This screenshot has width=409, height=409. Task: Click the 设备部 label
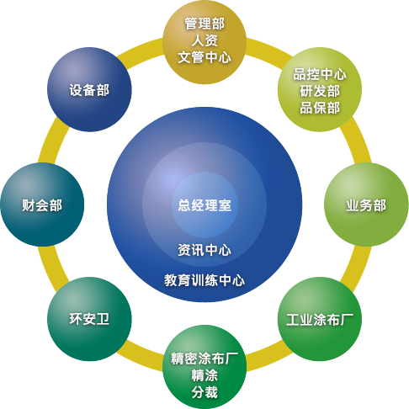pyautogui.click(x=89, y=90)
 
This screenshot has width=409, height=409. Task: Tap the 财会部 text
pyautogui.click(x=42, y=205)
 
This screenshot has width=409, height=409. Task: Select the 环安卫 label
pyautogui.click(x=89, y=319)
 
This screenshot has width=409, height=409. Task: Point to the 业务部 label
pyautogui.click(x=366, y=205)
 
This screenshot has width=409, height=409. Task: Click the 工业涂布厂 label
pyautogui.click(x=320, y=320)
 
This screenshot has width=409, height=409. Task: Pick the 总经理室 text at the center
pyautogui.click(x=204, y=205)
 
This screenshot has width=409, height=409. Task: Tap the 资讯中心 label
pyautogui.click(x=204, y=250)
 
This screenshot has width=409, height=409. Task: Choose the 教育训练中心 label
pyautogui.click(x=204, y=280)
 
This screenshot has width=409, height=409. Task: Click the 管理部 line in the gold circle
pyautogui.click(x=204, y=24)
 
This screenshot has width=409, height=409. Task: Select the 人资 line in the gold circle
pyautogui.click(x=204, y=40)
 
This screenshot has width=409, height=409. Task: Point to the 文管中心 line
pyautogui.click(x=204, y=57)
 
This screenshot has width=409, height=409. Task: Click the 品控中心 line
pyautogui.click(x=320, y=74)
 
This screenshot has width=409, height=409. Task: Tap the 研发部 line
pyautogui.click(x=320, y=91)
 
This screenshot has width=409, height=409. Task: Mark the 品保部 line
pyautogui.click(x=320, y=108)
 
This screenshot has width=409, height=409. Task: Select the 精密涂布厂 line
pyautogui.click(x=204, y=359)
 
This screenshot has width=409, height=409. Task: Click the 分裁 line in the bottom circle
pyautogui.click(x=204, y=392)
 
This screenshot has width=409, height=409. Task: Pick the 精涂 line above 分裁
pyautogui.click(x=204, y=375)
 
